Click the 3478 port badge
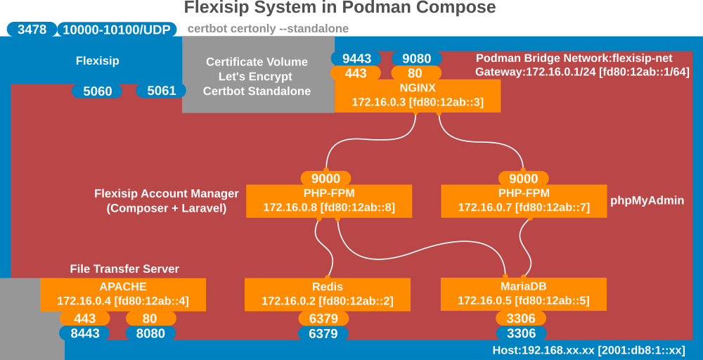coord(32,30)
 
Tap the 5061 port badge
coord(162,91)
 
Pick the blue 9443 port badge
coord(356,58)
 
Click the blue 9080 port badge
coord(417,58)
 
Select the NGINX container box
coord(418,96)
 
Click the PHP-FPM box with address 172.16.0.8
coord(329,202)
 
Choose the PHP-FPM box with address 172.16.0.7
coord(524,202)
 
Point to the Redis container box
coord(328,295)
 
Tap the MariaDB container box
coord(524,295)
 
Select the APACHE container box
coord(123,295)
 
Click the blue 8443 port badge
coord(85,333)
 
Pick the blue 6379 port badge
coord(323,333)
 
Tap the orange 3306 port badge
coord(521,319)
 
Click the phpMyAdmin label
coord(647,200)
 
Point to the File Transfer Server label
coord(124,269)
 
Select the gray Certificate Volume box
coord(258,75)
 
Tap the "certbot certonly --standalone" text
coord(268,29)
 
